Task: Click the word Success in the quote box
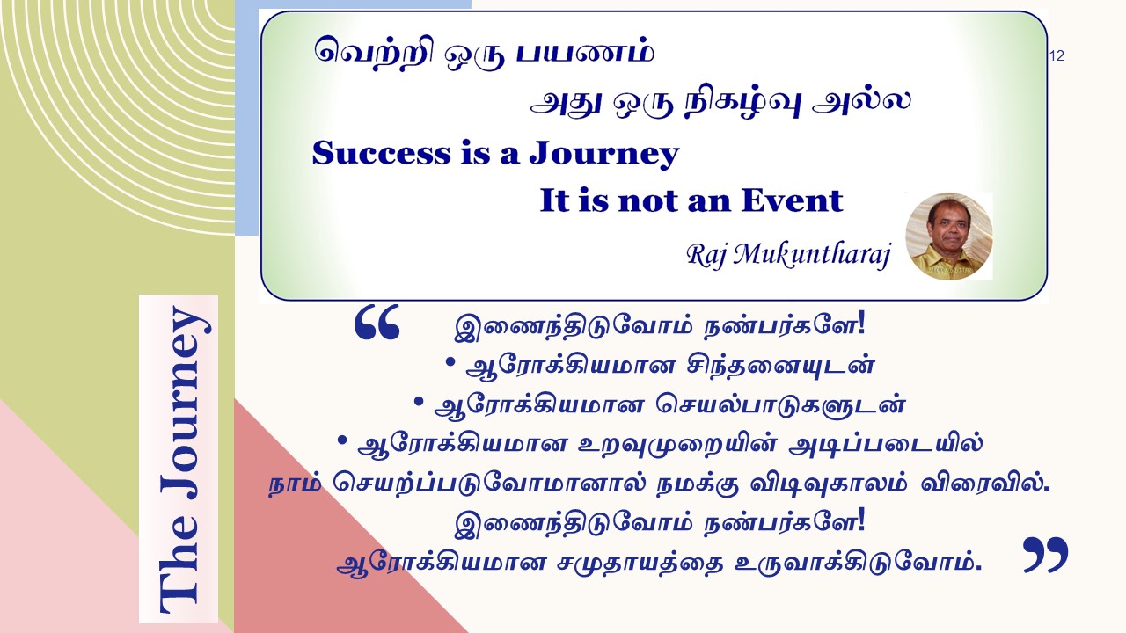[x=382, y=153]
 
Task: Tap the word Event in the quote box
[x=792, y=200]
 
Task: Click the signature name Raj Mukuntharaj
[x=788, y=255]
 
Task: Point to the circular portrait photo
[x=948, y=236]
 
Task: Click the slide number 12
[x=1057, y=55]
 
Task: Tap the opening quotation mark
[x=377, y=322]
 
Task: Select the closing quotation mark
[x=1046, y=555]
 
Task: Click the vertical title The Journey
[x=179, y=459]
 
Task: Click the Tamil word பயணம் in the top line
[x=586, y=53]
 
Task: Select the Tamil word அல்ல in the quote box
[x=861, y=101]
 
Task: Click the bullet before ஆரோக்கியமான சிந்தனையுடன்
[x=450, y=361]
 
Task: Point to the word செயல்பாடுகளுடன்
[x=780, y=405]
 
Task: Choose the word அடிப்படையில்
[x=886, y=444]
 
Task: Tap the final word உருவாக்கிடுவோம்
[x=858, y=564]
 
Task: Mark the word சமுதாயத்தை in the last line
[x=640, y=564]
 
